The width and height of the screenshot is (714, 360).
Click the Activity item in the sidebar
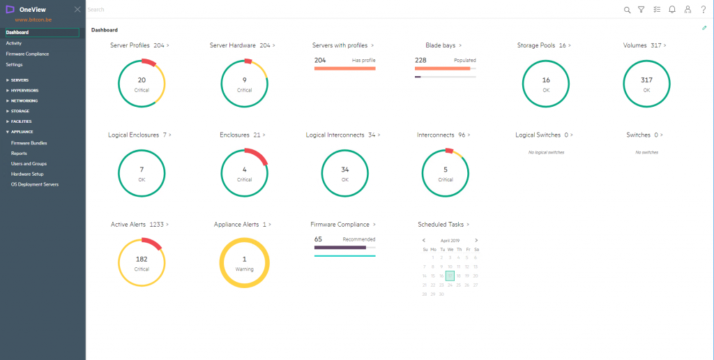pos(14,43)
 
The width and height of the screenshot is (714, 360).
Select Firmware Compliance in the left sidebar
pos(27,54)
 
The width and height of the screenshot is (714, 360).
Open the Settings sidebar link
pos(15,64)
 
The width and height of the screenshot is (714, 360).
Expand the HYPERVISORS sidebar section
pos(25,90)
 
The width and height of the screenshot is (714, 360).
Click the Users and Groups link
pos(29,163)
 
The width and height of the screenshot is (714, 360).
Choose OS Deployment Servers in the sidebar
pos(35,184)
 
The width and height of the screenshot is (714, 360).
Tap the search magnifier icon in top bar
pos(627,10)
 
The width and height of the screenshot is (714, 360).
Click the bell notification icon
pos(672,10)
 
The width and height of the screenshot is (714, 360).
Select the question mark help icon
pos(704,10)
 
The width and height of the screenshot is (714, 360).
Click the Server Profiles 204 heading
pos(139,45)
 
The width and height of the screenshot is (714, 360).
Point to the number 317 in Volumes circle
pos(646,80)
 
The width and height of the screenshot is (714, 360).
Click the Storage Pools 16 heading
pos(544,45)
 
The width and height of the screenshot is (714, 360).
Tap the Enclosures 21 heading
pos(242,135)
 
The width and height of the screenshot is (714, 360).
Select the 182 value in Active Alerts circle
pos(142,259)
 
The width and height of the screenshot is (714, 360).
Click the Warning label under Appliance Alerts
pos(244,269)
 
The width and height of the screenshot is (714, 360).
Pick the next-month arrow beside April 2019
pos(476,240)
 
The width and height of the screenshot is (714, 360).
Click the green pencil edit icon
pos(705,28)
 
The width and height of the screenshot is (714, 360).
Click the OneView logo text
pos(33,10)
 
